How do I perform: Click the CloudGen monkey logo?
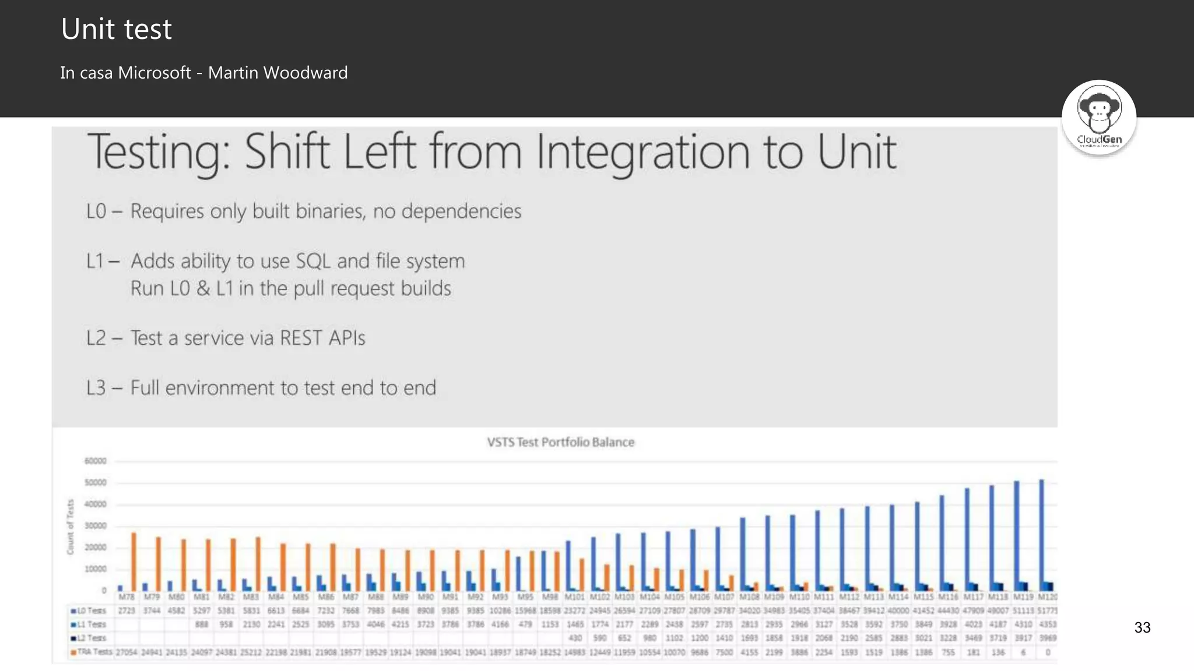click(1099, 117)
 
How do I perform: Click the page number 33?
click(1142, 627)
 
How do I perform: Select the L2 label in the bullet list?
click(96, 338)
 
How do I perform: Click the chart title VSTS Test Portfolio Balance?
click(560, 442)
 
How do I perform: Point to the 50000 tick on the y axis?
click(96, 482)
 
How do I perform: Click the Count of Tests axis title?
click(71, 527)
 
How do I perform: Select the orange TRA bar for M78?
click(134, 561)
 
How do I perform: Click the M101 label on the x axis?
click(574, 597)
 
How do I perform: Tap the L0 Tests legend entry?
click(89, 610)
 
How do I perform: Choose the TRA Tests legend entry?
click(92, 652)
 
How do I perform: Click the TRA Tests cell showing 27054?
click(126, 652)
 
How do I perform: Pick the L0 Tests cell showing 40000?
click(898, 610)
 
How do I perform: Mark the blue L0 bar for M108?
click(743, 553)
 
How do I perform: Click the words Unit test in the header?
click(117, 29)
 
